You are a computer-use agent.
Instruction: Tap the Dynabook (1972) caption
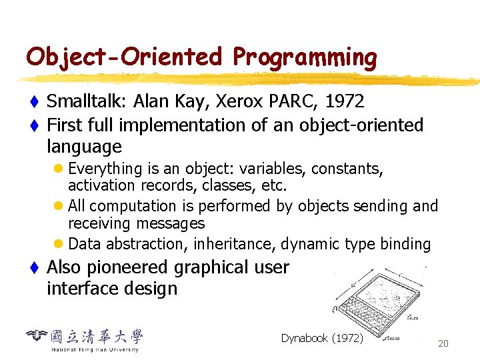(322, 339)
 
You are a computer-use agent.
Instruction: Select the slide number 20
(443, 343)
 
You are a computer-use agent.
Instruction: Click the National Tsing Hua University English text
(95, 349)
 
